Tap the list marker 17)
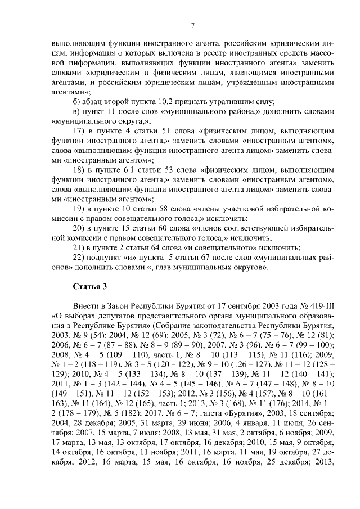click(x=80, y=130)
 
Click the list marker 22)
click(x=80, y=258)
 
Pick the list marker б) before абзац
click(x=78, y=101)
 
